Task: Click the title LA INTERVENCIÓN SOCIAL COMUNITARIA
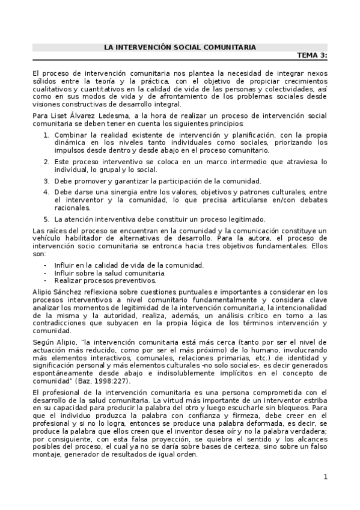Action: point(180,47)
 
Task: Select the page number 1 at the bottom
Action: point(325,478)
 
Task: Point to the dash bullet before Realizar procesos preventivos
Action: point(46,280)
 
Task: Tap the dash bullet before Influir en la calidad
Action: point(46,265)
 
